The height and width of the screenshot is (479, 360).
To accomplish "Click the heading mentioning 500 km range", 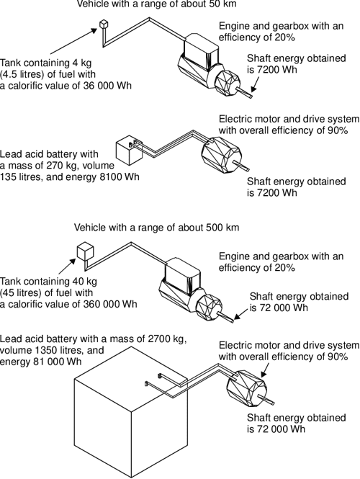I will [156, 228].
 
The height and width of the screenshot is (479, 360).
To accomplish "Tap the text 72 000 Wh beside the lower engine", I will [283, 308].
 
